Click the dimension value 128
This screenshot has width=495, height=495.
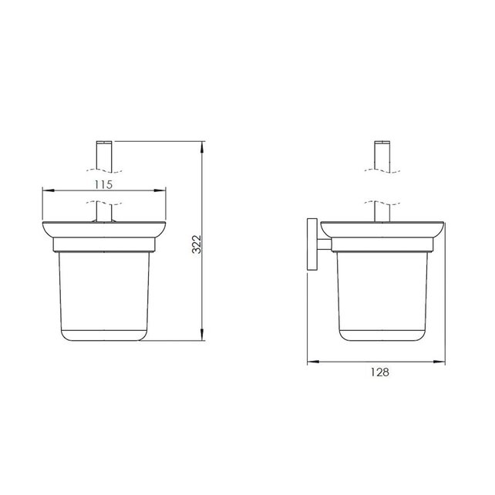pos(378,372)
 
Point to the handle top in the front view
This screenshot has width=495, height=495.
pos(104,155)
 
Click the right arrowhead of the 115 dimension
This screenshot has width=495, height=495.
pos(165,190)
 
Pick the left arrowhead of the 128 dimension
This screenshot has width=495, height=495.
pos(310,360)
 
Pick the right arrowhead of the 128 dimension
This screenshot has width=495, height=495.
pos(445,360)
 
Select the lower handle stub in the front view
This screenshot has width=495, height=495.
pos(104,213)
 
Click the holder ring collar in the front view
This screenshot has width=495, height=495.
pos(104,245)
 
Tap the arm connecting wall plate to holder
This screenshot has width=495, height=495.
pos(326,245)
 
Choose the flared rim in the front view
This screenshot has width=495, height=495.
pos(104,231)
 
